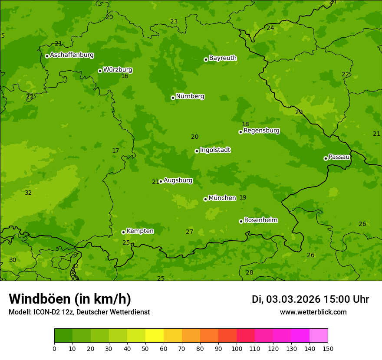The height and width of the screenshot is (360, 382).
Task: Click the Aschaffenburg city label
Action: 72,55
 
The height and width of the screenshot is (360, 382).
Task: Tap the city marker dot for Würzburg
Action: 100,71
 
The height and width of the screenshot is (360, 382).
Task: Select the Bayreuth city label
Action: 223,58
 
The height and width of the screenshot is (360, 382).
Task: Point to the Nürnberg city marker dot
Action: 173,98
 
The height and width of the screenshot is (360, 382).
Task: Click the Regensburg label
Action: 261,131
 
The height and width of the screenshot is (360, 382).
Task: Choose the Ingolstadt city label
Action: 215,150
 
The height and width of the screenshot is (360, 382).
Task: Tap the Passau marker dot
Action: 326,158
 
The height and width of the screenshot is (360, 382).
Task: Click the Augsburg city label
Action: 178,180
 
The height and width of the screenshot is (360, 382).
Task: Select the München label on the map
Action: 222,198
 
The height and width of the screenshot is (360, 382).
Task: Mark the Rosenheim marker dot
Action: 241,221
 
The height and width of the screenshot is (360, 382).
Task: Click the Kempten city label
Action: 140,231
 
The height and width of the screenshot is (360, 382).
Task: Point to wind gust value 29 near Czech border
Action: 299,112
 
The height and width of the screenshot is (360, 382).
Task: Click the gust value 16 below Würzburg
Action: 125,76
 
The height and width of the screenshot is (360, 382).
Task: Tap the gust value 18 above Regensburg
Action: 245,124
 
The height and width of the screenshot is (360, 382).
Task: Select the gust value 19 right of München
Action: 243,198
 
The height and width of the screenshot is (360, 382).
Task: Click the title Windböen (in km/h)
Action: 70,299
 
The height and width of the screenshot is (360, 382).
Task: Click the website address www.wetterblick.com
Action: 313,312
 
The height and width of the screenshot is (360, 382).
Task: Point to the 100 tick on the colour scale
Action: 237,348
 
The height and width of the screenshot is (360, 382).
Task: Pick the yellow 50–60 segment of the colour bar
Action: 155,336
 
